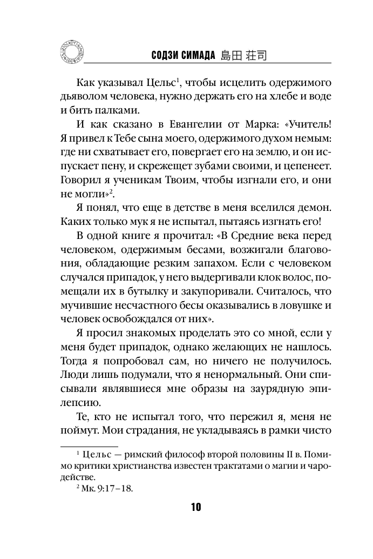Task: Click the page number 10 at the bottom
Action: coord(195,507)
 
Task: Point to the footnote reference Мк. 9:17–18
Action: coord(109,488)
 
